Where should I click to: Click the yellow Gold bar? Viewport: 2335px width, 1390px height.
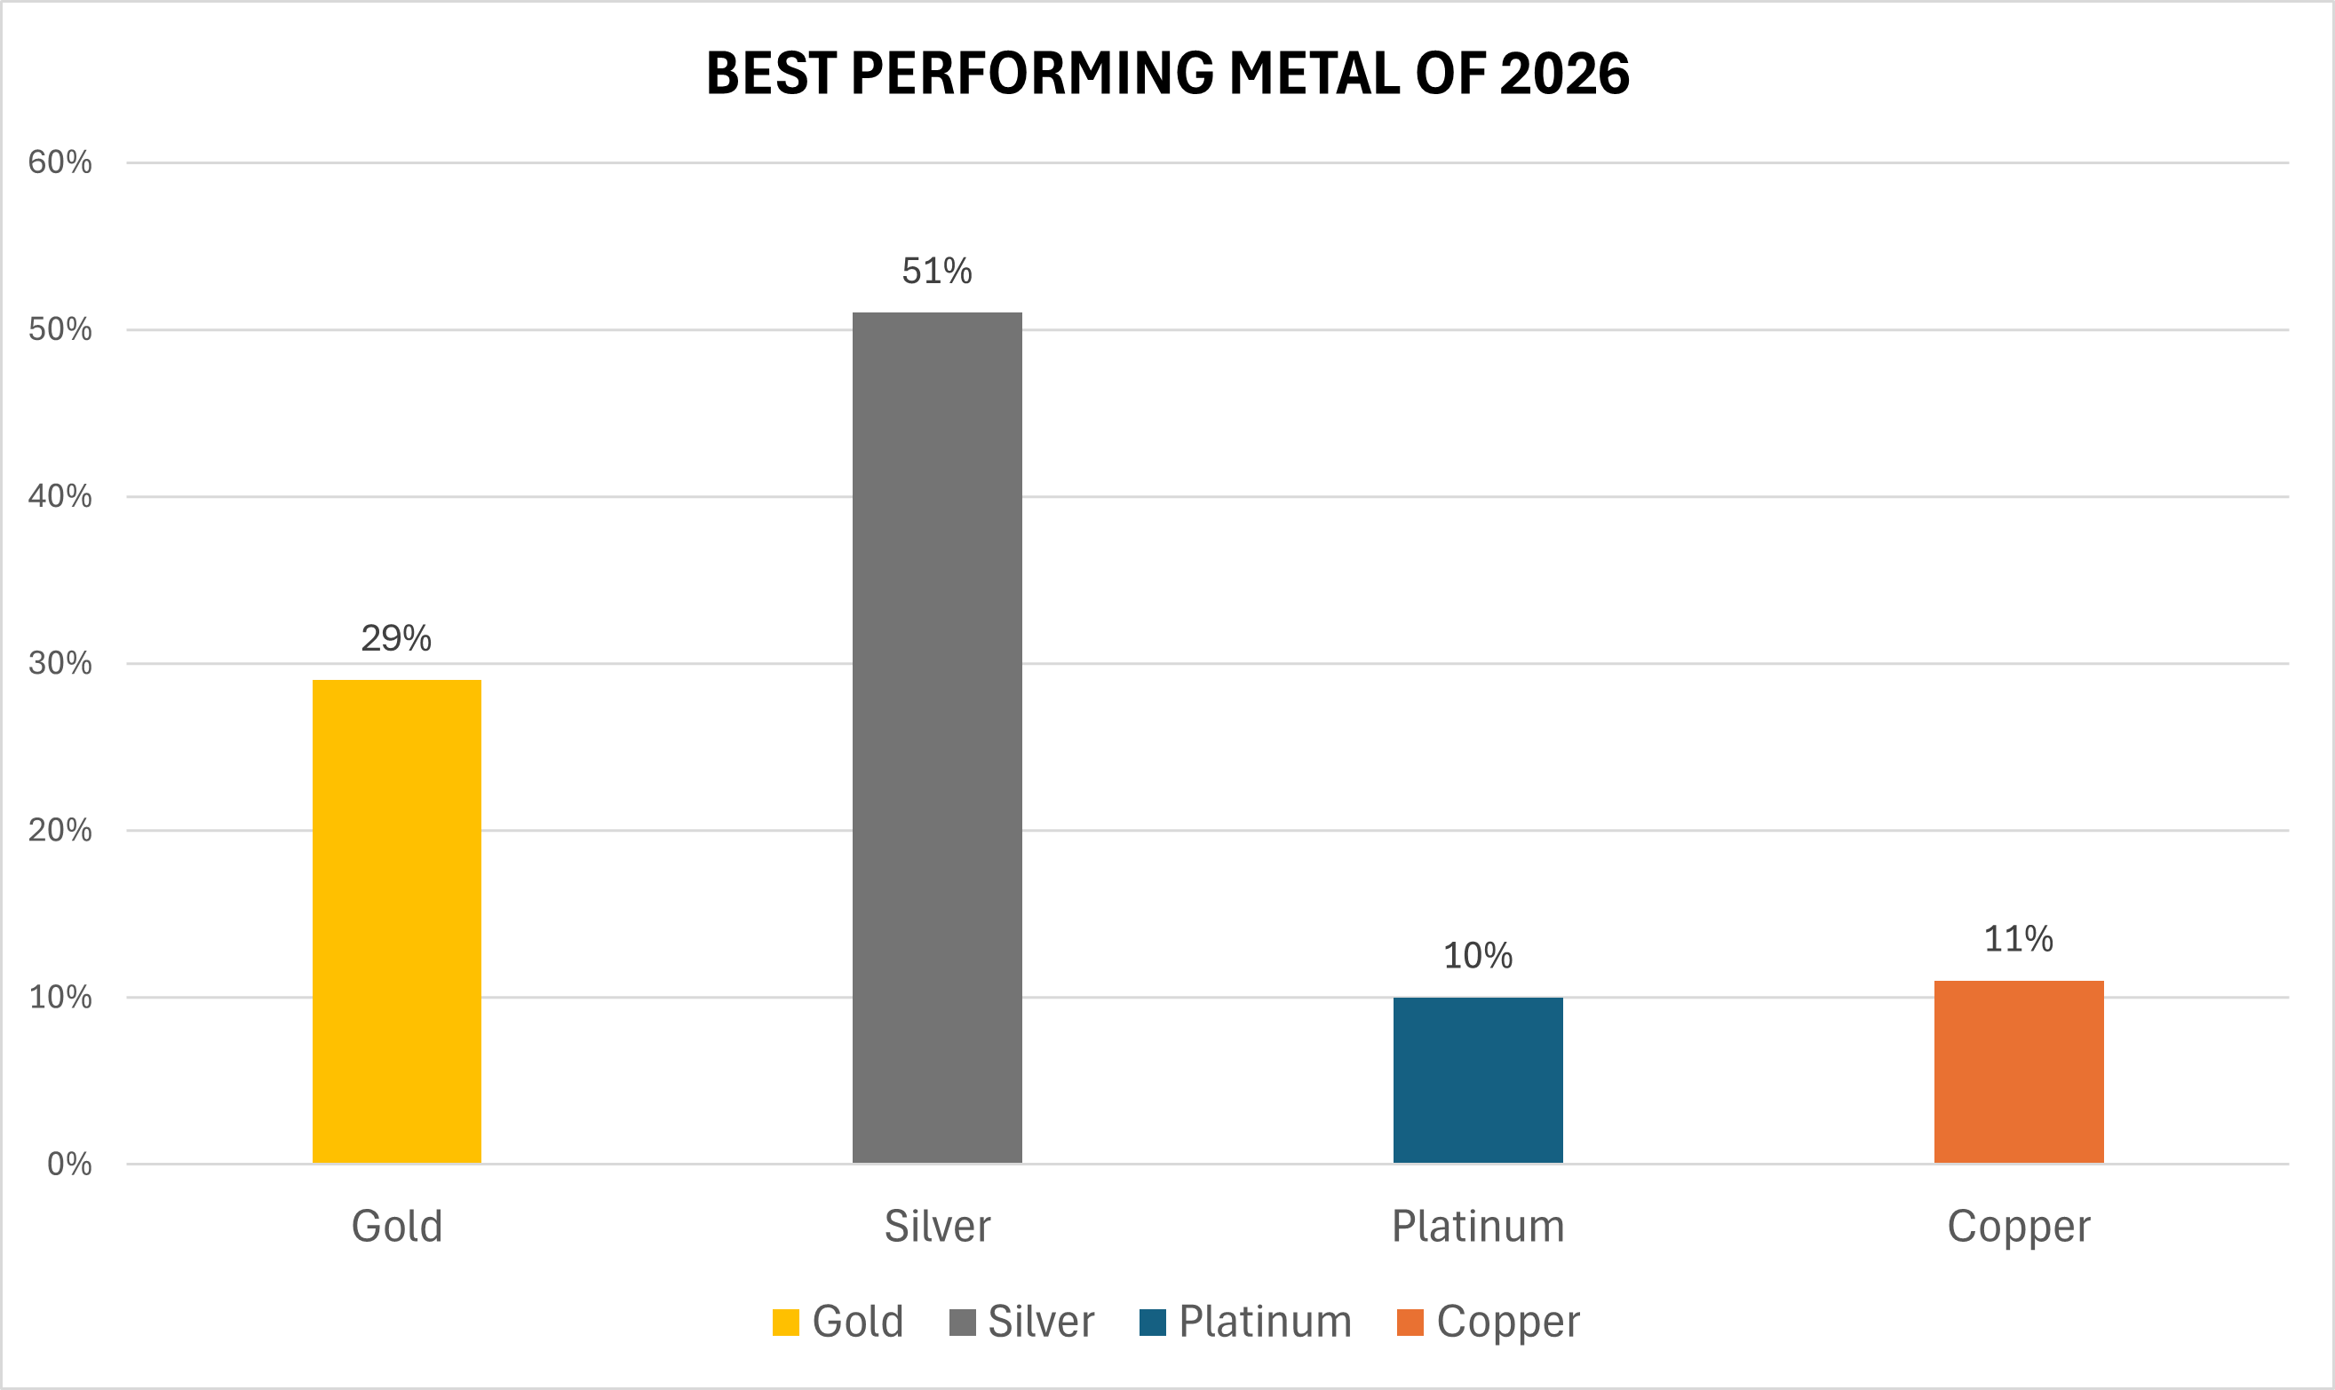point(396,921)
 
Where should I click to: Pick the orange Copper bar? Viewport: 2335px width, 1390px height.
point(2018,1071)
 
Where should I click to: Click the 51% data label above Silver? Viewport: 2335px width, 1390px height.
point(937,272)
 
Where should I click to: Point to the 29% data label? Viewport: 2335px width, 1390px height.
point(396,639)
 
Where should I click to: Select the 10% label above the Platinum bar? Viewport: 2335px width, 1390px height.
point(1478,956)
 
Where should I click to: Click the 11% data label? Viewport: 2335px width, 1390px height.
point(2018,939)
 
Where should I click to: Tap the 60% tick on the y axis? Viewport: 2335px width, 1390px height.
point(60,163)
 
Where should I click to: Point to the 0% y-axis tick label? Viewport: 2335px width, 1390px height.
point(69,1165)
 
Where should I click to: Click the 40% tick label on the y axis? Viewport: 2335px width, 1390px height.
point(60,496)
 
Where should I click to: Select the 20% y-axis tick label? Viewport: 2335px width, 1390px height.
point(60,831)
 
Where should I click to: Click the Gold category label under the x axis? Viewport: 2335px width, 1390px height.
point(396,1227)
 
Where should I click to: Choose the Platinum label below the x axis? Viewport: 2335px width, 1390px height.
point(1478,1227)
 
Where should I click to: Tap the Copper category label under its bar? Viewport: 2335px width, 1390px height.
point(2018,1227)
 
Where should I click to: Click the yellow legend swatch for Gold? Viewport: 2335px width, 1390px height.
point(785,1323)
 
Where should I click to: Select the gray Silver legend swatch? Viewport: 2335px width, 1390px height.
point(962,1323)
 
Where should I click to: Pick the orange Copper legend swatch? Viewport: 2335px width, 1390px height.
point(1410,1323)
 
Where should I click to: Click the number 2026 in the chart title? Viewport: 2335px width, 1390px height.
point(1565,74)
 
